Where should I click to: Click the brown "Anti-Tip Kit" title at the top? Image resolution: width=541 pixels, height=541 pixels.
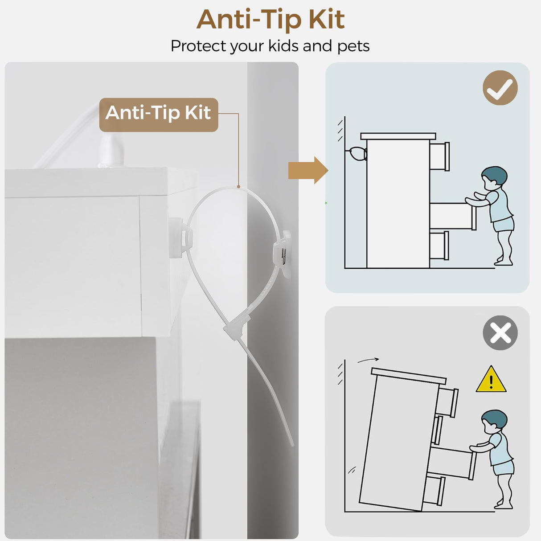[x=270, y=20]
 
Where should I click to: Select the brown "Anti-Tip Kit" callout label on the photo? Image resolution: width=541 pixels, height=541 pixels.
[x=159, y=115]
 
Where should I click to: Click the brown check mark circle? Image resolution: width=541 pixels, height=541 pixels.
[x=500, y=88]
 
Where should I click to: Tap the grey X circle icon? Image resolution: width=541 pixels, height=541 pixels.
[x=500, y=333]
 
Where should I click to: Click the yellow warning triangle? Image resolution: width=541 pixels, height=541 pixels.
[x=491, y=380]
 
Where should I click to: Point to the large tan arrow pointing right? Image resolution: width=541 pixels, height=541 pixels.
[x=308, y=170]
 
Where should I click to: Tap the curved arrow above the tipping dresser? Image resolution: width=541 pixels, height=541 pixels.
[x=368, y=360]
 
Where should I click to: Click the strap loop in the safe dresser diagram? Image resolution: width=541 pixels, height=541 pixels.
[x=357, y=154]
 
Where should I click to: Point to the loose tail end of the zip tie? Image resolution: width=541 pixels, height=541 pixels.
[x=292, y=443]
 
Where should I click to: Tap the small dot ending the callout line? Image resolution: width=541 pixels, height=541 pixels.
[x=238, y=186]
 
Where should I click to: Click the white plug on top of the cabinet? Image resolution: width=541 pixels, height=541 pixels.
[x=111, y=151]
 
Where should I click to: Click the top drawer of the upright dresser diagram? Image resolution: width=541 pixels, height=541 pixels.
[x=439, y=156]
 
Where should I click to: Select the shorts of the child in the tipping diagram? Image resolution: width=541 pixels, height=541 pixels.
[x=504, y=468]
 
